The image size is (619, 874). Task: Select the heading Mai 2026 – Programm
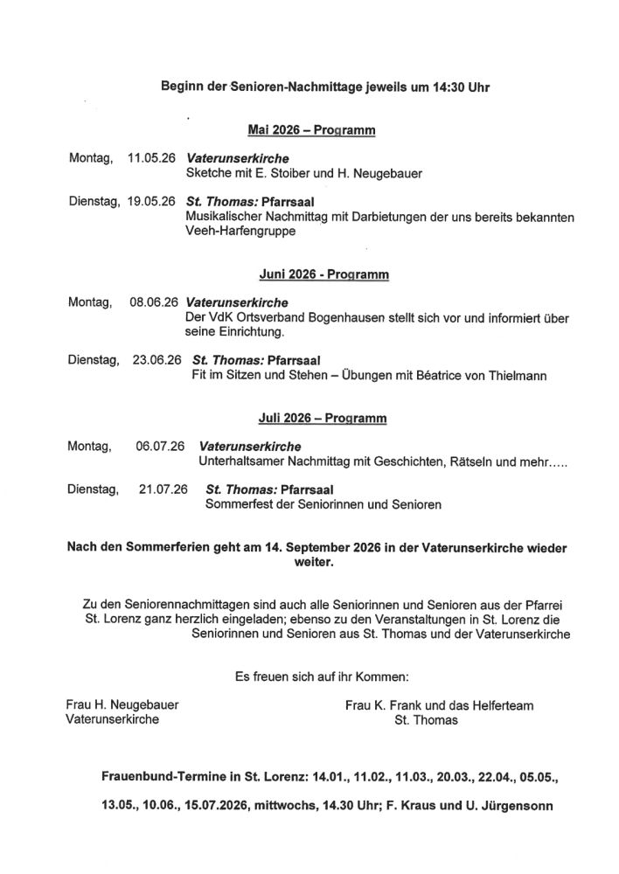point(311,130)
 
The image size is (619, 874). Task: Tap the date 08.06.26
point(154,302)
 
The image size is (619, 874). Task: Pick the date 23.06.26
point(156,359)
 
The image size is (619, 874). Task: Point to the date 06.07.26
point(160,446)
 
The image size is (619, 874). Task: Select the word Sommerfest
point(238,504)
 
